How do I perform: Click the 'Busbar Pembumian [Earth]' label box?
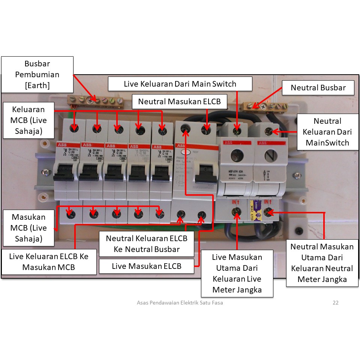37,75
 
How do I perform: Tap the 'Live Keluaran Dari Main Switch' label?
180,84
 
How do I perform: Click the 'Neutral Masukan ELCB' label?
180,102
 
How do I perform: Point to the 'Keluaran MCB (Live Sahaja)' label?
28,120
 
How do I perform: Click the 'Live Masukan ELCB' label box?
147,266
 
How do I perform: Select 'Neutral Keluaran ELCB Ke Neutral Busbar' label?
147,243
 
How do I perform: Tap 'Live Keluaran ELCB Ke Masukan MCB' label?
49,262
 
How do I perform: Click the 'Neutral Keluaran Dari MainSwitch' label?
327,132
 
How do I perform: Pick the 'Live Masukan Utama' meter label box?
237,273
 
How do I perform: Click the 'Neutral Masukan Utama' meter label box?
322,263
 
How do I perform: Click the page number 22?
336,303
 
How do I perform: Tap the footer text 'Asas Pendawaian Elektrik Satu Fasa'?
180,303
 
